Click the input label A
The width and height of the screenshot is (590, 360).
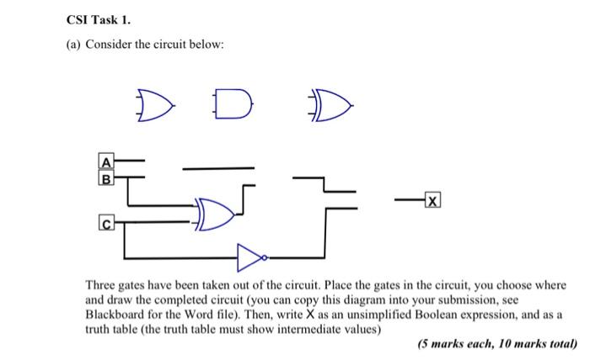coord(107,162)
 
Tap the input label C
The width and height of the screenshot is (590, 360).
coord(107,224)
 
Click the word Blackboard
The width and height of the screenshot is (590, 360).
coord(117,315)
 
